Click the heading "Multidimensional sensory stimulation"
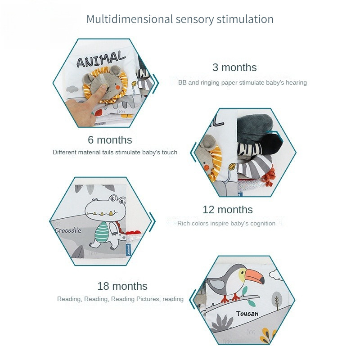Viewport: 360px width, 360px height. [180, 19]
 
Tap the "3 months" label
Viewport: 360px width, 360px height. [234, 67]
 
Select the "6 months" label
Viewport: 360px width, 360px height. [110, 140]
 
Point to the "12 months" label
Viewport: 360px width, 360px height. [228, 210]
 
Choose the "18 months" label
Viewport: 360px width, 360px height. [122, 286]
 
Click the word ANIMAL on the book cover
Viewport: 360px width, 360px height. [101, 59]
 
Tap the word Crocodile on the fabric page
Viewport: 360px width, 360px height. [68, 230]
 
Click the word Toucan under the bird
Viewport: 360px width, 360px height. [247, 313]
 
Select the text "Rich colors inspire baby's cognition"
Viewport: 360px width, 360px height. [226, 223]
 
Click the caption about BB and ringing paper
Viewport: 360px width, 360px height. [243, 82]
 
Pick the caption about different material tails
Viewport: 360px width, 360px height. [115, 152]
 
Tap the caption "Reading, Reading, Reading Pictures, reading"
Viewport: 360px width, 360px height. [120, 299]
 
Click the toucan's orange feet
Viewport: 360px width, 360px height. [236, 297]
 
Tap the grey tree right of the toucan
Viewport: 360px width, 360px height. [277, 298]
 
